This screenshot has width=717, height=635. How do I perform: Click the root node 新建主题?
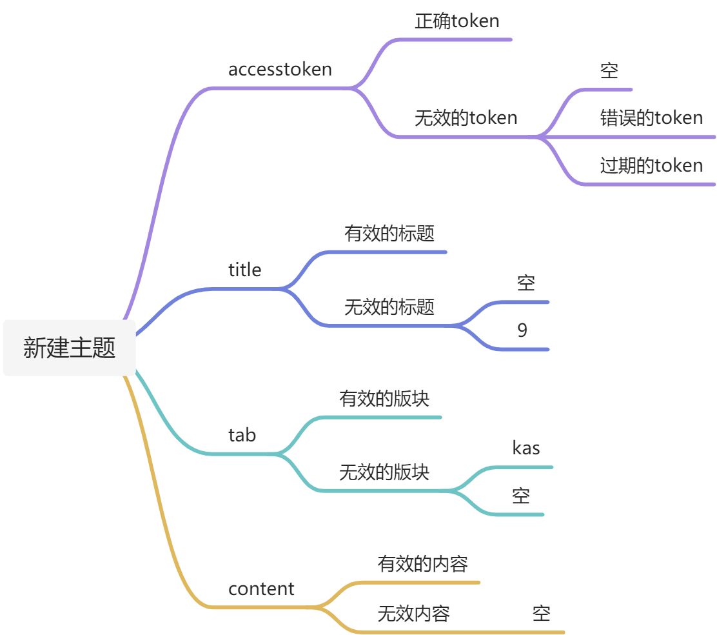pyautogui.click(x=70, y=348)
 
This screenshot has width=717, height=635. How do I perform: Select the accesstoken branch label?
pyautogui.click(x=280, y=69)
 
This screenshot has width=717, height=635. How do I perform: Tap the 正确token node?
pyautogui.click(x=457, y=21)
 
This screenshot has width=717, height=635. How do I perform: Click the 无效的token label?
pyautogui.click(x=466, y=118)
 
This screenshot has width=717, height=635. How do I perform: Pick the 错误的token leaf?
pyautogui.click(x=651, y=118)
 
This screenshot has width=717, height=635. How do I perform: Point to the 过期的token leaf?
pyautogui.click(x=651, y=166)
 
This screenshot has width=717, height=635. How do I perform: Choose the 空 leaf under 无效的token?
pyautogui.click(x=609, y=70)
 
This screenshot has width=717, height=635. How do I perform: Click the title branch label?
pyautogui.click(x=245, y=270)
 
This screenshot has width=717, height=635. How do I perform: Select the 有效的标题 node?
pyautogui.click(x=389, y=233)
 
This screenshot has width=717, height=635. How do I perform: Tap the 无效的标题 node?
pyautogui.click(x=389, y=307)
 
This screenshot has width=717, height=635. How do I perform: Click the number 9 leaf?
pyautogui.click(x=522, y=330)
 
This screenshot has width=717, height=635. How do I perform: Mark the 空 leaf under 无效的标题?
pyautogui.click(x=526, y=283)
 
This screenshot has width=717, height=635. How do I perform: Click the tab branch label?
pyautogui.click(x=242, y=435)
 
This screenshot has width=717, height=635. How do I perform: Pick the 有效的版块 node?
pyautogui.click(x=384, y=398)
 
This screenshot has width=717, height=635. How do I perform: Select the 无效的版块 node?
pyautogui.click(x=384, y=472)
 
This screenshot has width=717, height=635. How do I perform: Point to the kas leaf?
pyautogui.click(x=526, y=448)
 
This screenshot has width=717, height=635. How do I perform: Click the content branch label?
pyautogui.click(x=261, y=589)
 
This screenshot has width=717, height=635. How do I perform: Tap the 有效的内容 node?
pyautogui.click(x=422, y=564)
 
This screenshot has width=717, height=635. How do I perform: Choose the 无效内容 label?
pyautogui.click(x=413, y=613)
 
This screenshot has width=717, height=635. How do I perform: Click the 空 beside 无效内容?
pyautogui.click(x=542, y=613)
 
